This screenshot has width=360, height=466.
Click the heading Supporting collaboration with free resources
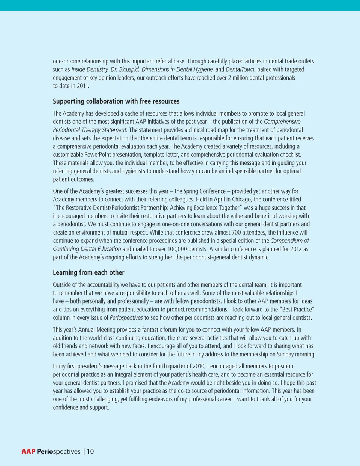[116, 101]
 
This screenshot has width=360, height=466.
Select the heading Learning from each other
[88, 272]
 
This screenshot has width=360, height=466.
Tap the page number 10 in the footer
[90, 451]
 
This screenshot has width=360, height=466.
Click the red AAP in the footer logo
[28, 451]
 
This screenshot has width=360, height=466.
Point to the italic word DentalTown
[240, 69]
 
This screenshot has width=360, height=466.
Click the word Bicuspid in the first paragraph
[129, 69]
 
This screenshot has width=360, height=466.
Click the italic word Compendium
[286, 241]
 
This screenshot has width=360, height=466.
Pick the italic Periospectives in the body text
[126, 318]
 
